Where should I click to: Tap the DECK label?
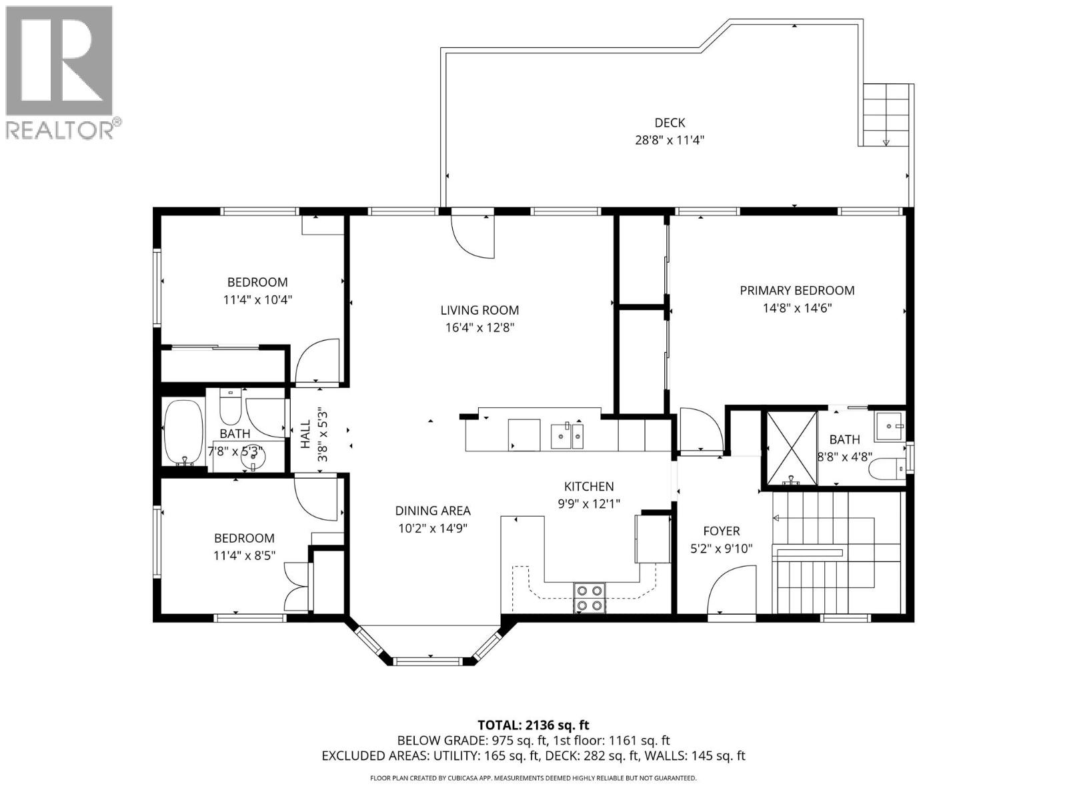pos(669,123)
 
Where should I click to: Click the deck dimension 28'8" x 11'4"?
pos(669,141)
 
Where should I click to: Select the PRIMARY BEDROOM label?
pos(796,291)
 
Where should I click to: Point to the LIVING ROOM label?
pos(479,310)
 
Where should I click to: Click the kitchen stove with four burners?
pos(590,598)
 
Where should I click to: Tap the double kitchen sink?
pos(567,436)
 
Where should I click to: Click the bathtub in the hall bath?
pos(183,432)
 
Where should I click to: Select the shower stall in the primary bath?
pos(791,447)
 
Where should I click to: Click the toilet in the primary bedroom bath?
pos(887,469)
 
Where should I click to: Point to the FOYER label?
pos(721,531)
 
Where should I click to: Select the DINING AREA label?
pos(432,511)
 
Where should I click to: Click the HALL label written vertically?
pos(305,433)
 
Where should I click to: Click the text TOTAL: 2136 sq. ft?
pos(533,725)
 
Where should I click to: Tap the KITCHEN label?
pos(588,487)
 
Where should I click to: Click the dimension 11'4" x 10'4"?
pos(257,300)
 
